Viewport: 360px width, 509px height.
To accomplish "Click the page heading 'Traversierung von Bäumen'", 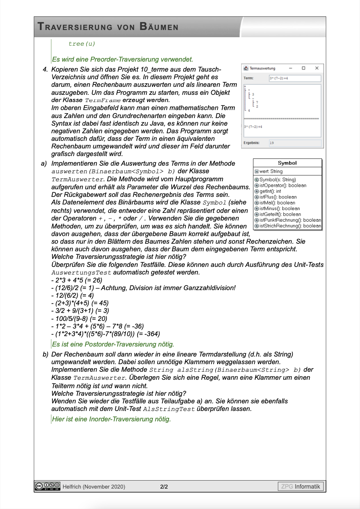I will pyautogui.click(x=108, y=27).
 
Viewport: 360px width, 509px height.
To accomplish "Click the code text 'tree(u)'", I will pyautogui.click(x=82, y=44).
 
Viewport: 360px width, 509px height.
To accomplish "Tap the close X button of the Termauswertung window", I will pyautogui.click(x=316, y=68).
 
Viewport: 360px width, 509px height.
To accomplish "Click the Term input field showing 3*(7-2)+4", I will pyautogui.click(x=295, y=78).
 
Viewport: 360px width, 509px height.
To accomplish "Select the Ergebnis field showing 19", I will pyautogui.click(x=295, y=142).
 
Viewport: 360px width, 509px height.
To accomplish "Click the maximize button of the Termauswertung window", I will pyautogui.click(x=304, y=68).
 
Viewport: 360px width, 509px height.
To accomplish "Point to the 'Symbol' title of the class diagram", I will pyautogui.click(x=287, y=163).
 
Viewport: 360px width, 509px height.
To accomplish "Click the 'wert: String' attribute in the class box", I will pyautogui.click(x=271, y=171).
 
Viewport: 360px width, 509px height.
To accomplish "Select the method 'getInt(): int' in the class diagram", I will pyautogui.click(x=270, y=191).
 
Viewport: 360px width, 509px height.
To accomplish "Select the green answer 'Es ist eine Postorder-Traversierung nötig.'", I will pyautogui.click(x=113, y=344).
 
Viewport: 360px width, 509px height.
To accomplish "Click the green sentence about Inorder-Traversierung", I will pyautogui.click(x=111, y=419).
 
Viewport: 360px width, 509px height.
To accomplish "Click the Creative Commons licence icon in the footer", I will pyautogui.click(x=48, y=486).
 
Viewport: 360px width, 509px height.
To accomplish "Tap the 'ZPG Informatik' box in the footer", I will pyautogui.click(x=300, y=487).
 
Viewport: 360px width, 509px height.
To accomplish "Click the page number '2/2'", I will pyautogui.click(x=164, y=487).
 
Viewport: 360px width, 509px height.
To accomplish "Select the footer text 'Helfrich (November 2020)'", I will pyautogui.click(x=94, y=487).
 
